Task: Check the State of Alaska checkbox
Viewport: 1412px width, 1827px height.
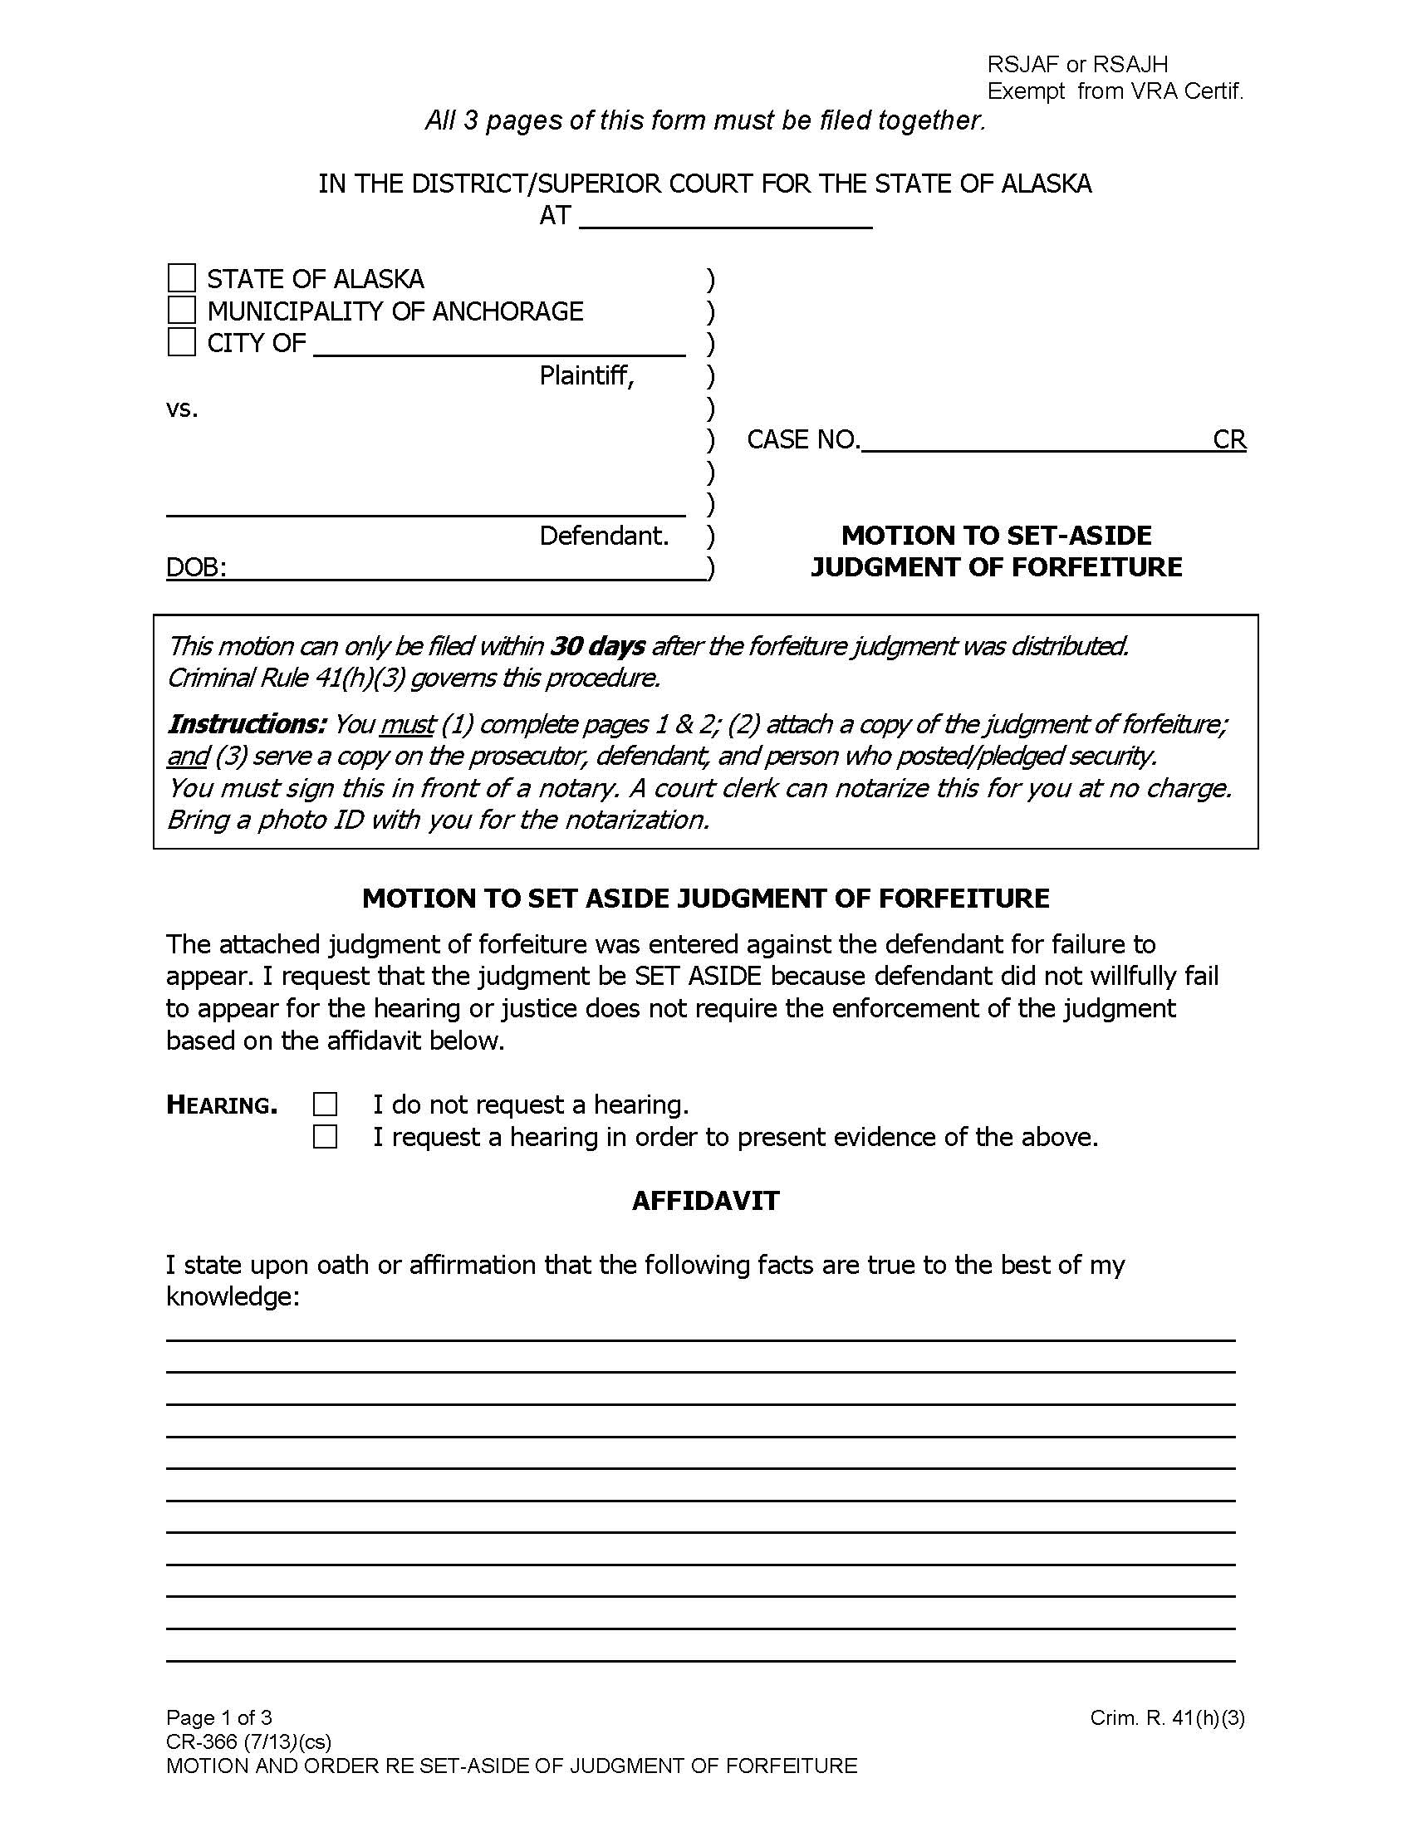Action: pyautogui.click(x=182, y=277)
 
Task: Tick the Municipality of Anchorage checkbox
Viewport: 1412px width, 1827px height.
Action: pyautogui.click(x=182, y=311)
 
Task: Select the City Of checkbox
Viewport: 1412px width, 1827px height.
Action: pyautogui.click(x=182, y=342)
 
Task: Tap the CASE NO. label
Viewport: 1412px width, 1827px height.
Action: pyautogui.click(x=803, y=439)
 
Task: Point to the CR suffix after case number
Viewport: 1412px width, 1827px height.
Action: pyautogui.click(x=1228, y=439)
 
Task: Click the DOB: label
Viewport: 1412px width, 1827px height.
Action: pyautogui.click(x=196, y=567)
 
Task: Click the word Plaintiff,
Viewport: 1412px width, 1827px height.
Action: pyautogui.click(x=587, y=375)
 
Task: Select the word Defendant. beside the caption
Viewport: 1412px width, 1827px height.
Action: pyautogui.click(x=604, y=536)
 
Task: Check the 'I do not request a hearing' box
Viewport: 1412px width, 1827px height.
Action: pyautogui.click(x=326, y=1105)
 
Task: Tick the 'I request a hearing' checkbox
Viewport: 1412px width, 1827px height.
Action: pyautogui.click(x=326, y=1137)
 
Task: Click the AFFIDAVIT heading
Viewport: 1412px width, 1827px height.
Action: pyautogui.click(x=705, y=1201)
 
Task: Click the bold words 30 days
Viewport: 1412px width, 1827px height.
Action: pyautogui.click(x=598, y=646)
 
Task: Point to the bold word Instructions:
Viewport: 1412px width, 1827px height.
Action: pyautogui.click(x=247, y=723)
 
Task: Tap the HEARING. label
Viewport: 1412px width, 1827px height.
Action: pyautogui.click(x=222, y=1105)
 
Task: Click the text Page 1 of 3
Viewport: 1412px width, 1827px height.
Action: pyautogui.click(x=219, y=1717)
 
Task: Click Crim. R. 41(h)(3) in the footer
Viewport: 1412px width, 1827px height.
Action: pyautogui.click(x=1167, y=1717)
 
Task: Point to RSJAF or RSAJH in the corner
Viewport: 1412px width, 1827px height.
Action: pyautogui.click(x=1077, y=65)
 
